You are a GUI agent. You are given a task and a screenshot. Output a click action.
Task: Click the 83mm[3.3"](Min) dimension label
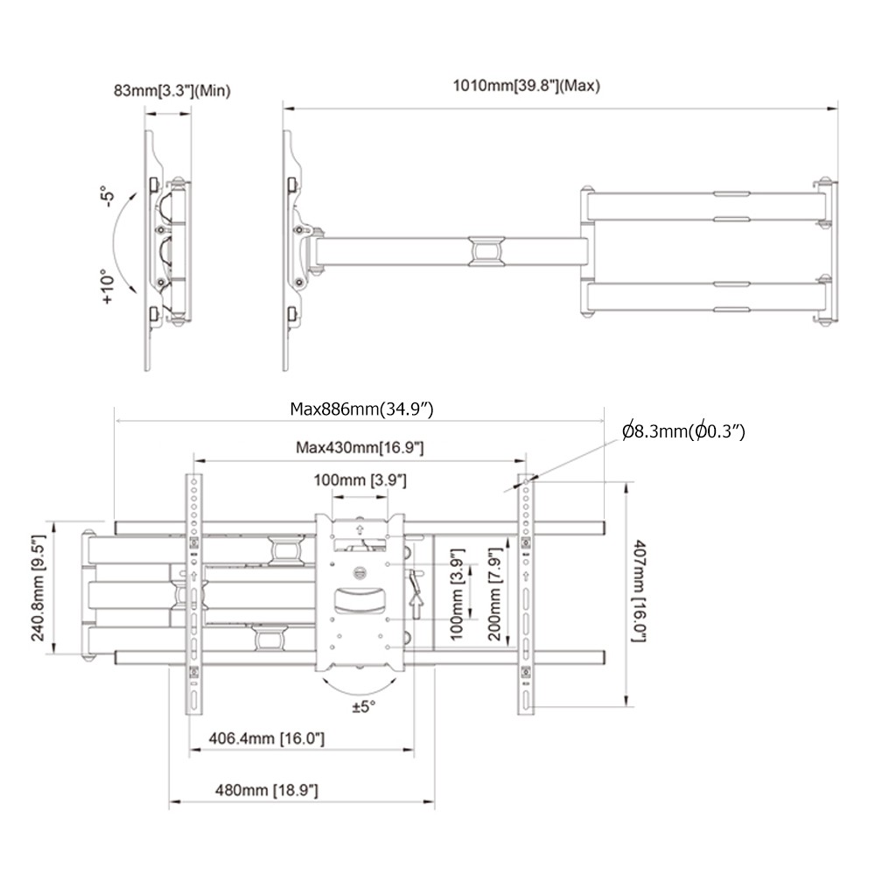(171, 90)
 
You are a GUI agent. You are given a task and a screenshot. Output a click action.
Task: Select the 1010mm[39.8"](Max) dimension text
(526, 86)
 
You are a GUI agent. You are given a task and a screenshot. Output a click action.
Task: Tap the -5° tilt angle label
(108, 196)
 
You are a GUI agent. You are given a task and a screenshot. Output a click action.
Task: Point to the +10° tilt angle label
(108, 287)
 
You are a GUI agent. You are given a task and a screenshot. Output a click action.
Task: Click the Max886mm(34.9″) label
(361, 409)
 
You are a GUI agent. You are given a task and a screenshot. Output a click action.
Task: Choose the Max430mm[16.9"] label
(360, 447)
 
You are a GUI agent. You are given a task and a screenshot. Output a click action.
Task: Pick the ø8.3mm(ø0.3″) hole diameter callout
(683, 431)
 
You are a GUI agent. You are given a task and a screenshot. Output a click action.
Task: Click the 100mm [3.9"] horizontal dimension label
(360, 479)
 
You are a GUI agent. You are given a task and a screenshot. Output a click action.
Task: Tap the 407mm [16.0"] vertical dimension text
(639, 591)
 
